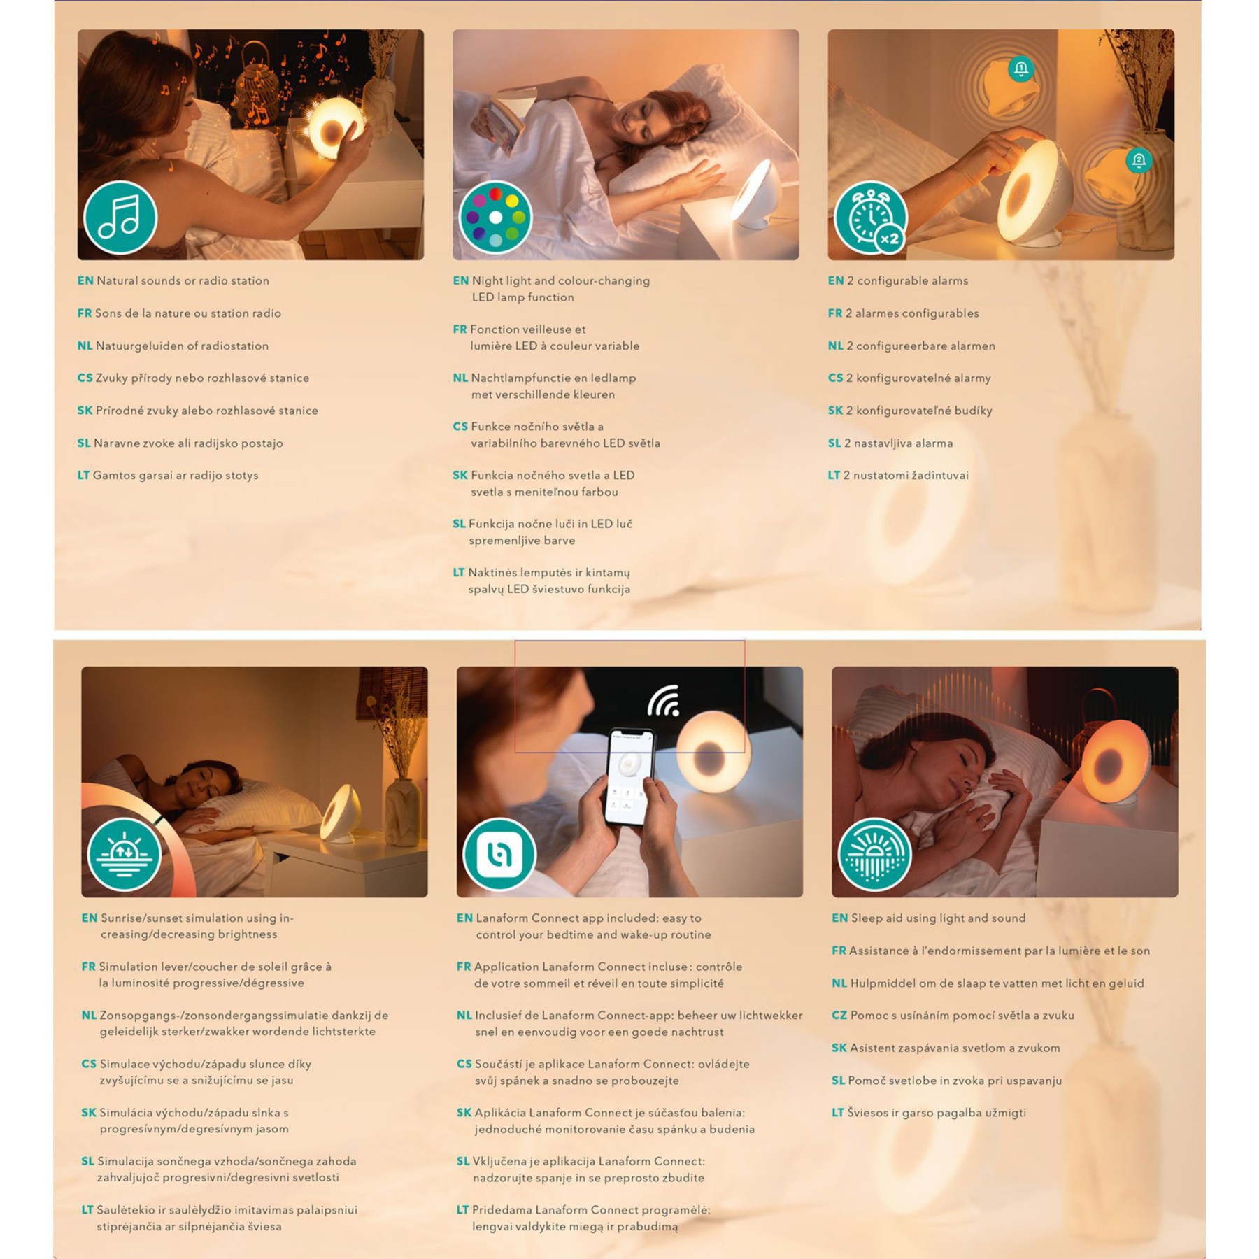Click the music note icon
(x=120, y=218)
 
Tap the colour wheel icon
(x=495, y=218)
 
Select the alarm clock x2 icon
(x=871, y=218)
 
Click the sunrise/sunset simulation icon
(x=125, y=855)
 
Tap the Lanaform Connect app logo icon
(x=499, y=855)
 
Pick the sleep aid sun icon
(x=874, y=855)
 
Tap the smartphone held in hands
(x=630, y=776)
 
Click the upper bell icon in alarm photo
(x=1021, y=69)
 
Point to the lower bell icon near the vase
(x=1139, y=161)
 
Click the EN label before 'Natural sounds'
(x=85, y=281)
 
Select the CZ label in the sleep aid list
(x=839, y=1016)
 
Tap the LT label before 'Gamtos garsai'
(x=83, y=476)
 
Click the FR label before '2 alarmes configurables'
(x=835, y=313)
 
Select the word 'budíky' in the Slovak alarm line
(x=973, y=411)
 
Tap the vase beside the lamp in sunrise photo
(x=403, y=811)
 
